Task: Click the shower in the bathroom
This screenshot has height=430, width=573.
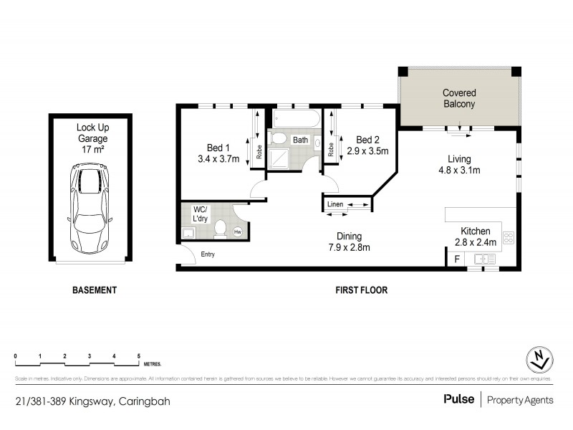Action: [x=284, y=160]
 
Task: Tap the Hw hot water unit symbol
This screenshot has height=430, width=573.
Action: [x=237, y=231]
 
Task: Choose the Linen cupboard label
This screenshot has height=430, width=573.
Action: [x=334, y=206]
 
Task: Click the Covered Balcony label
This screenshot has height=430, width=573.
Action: [x=459, y=98]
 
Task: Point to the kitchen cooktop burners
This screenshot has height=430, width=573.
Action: [x=509, y=238]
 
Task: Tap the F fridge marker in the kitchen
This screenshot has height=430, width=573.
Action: [x=457, y=259]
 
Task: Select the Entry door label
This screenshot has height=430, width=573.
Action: [x=208, y=254]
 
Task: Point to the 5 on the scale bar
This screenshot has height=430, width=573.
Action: [x=139, y=356]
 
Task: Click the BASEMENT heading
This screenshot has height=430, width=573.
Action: [x=94, y=290]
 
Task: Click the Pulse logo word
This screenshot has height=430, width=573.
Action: [x=458, y=399]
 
